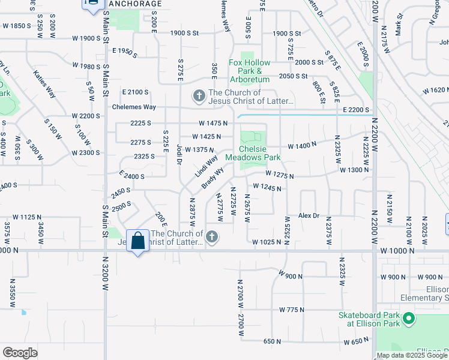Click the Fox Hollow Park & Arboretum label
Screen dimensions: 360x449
pos(250,67)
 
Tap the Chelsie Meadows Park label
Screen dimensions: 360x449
pos(253,153)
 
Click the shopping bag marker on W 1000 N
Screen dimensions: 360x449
pos(138,241)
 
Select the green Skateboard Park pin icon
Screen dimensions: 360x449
pos(409,318)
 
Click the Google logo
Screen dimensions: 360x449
pos(20,352)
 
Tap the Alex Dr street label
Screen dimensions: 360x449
pos(309,215)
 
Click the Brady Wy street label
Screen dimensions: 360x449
pos(213,178)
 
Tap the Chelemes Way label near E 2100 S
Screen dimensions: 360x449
pos(134,107)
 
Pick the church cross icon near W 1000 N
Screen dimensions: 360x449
pos(211,238)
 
